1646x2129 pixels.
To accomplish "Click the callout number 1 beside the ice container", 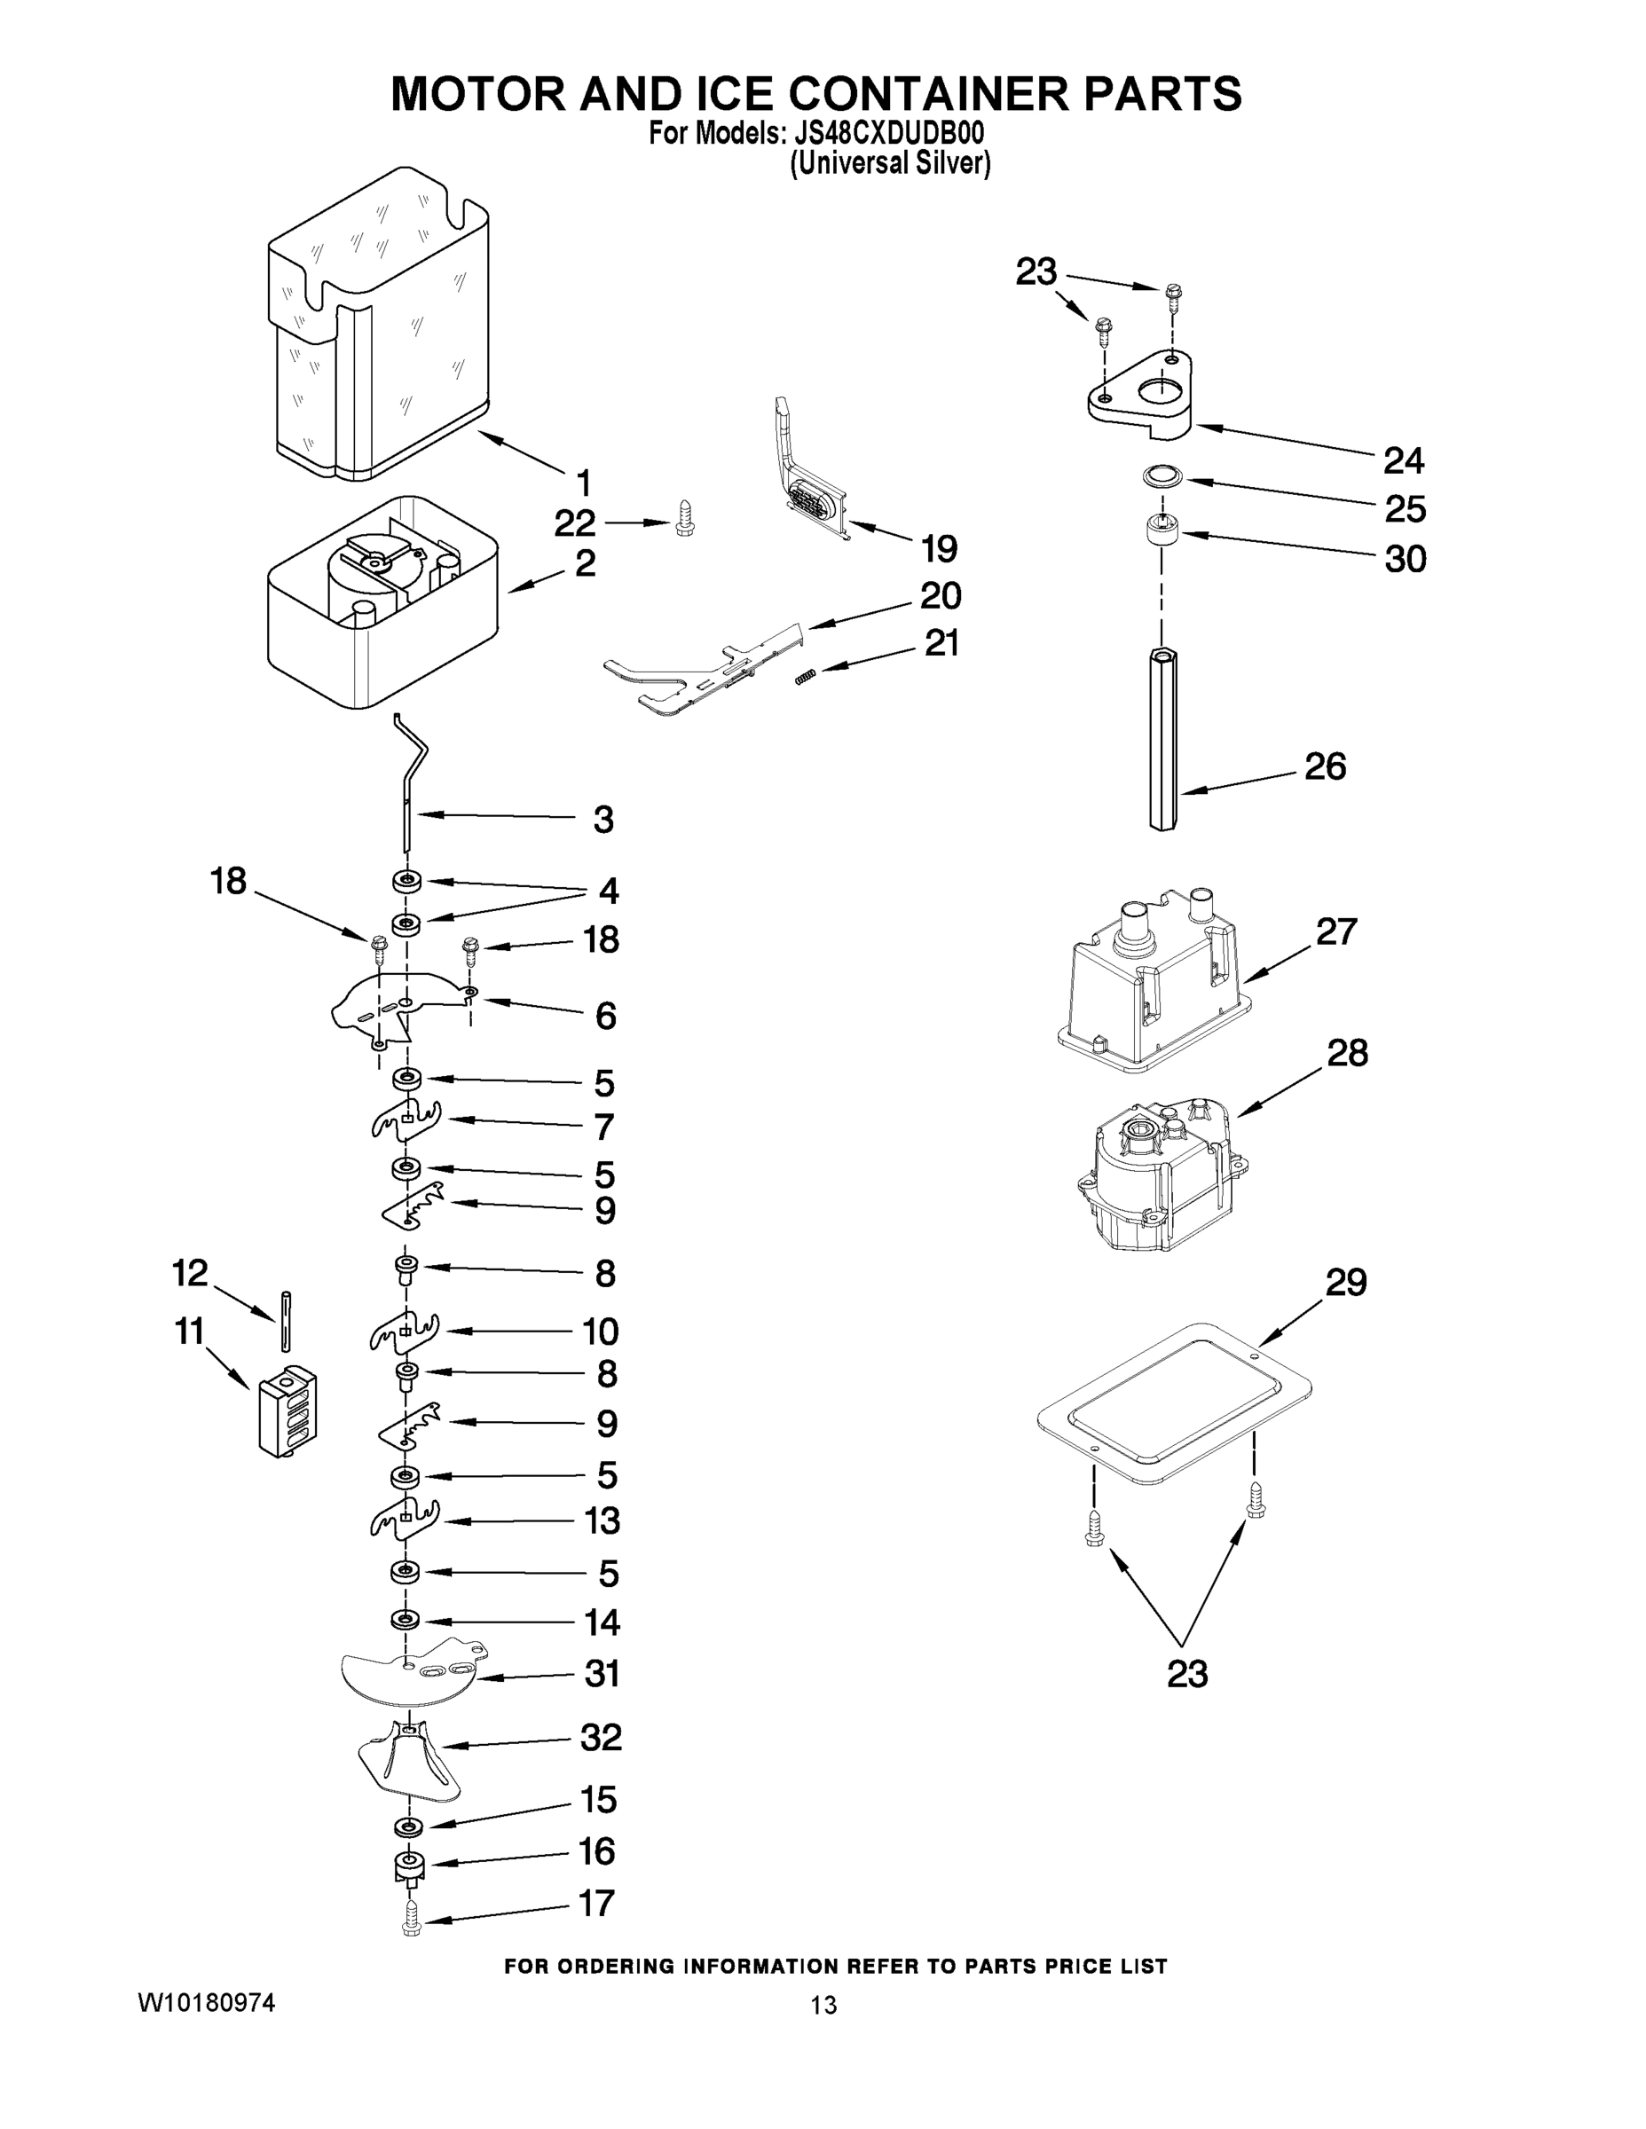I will click(x=583, y=483).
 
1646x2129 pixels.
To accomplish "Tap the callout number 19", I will click(x=939, y=549).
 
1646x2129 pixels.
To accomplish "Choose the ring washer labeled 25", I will click(x=1162, y=475).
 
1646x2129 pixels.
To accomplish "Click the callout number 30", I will click(x=1406, y=560).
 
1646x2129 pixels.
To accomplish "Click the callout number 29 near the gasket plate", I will click(x=1346, y=1283).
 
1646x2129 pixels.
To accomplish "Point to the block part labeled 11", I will click(x=287, y=1411).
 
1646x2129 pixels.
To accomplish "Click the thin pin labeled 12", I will click(x=285, y=1321).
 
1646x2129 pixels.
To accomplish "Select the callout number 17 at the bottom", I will click(x=597, y=1902).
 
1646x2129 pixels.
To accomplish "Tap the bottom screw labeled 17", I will click(x=411, y=1920).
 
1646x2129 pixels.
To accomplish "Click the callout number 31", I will click(x=602, y=1674).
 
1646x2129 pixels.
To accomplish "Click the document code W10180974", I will click(x=206, y=2002).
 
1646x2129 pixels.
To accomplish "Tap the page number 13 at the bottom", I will click(x=823, y=2005).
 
